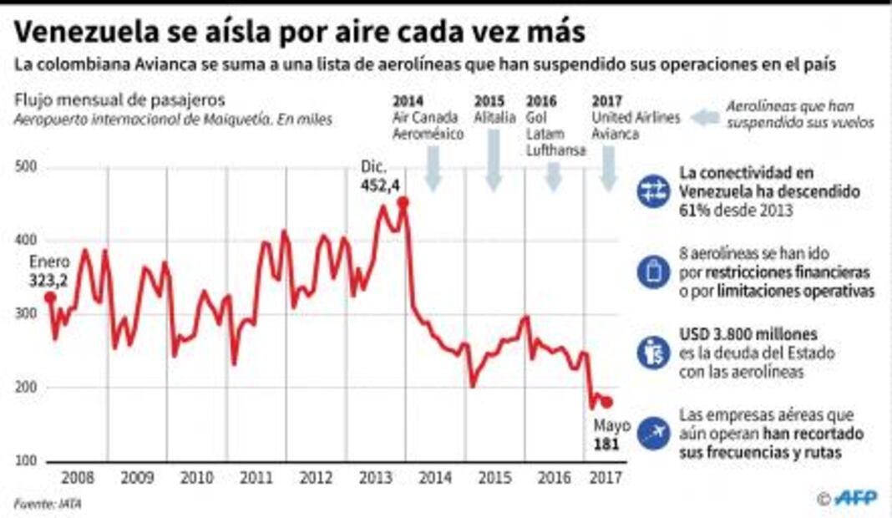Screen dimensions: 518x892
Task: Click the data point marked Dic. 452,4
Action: tap(403, 201)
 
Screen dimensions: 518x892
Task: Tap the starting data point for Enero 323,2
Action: tap(49, 296)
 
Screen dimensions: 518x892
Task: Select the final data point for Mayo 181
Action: tap(607, 402)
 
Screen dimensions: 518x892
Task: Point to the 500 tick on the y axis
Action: tap(25, 168)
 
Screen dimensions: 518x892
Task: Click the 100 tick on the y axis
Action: tap(25, 461)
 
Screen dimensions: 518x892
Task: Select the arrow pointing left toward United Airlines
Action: tap(704, 119)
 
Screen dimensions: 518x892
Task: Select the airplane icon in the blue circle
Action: tap(652, 433)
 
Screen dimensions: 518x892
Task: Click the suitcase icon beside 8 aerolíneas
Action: tap(652, 272)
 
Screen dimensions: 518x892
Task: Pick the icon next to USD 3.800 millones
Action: tap(652, 352)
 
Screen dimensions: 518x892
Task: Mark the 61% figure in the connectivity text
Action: tap(696, 211)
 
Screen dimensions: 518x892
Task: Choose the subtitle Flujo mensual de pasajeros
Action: tap(119, 101)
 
